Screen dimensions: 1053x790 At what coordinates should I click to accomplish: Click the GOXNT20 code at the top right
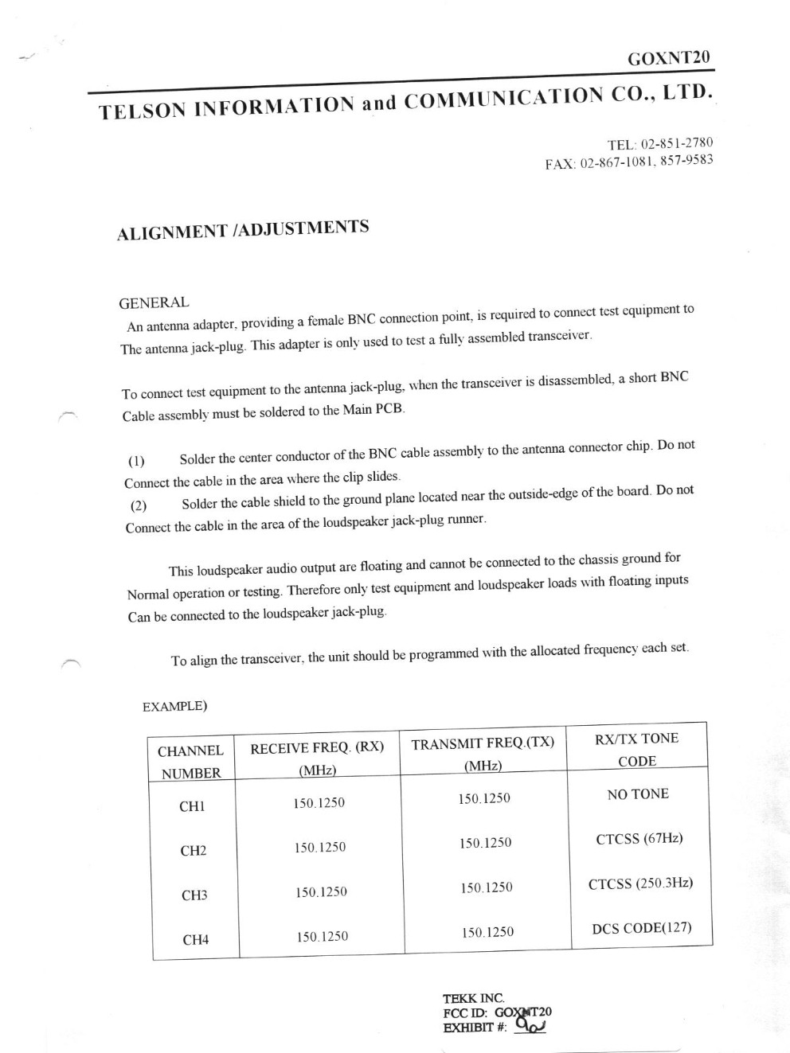tap(668, 58)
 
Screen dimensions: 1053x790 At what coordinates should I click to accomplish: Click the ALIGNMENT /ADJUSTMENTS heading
tap(243, 230)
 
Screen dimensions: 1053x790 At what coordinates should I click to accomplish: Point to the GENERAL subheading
tap(154, 302)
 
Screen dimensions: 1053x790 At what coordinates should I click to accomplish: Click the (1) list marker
tap(136, 462)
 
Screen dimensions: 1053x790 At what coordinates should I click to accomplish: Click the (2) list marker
tap(139, 506)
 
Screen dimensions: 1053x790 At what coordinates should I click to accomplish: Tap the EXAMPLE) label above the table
tap(175, 706)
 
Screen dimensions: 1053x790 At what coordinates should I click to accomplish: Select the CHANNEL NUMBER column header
tap(190, 762)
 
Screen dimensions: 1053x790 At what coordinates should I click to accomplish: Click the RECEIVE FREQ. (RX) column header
tap(317, 758)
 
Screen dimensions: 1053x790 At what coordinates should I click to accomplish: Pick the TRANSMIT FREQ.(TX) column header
tap(483, 753)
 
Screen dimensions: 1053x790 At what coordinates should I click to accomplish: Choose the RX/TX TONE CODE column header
tap(637, 749)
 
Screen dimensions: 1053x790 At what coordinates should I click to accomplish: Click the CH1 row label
tap(192, 806)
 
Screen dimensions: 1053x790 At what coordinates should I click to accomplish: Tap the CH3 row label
tap(194, 895)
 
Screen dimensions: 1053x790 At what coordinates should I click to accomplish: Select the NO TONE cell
tap(638, 794)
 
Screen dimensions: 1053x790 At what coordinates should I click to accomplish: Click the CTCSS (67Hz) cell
tap(639, 838)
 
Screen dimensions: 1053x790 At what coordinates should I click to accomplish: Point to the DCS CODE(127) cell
tap(642, 927)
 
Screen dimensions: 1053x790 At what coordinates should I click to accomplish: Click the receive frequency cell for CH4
tap(323, 937)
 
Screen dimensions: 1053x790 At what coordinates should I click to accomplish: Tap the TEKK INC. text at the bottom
tap(474, 998)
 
